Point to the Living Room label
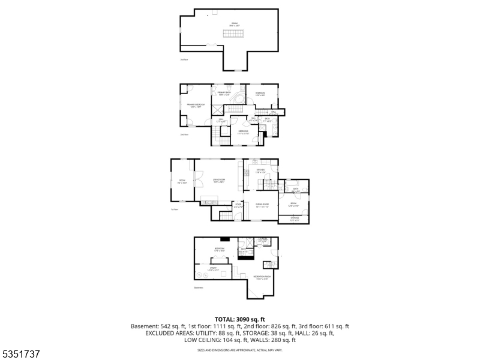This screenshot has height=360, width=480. [x=218, y=180]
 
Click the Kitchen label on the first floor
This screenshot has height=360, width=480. [x=260, y=170]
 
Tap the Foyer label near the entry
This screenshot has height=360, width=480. [x=238, y=205]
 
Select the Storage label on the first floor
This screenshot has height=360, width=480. [x=294, y=218]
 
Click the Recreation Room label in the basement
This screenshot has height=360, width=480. [x=262, y=277]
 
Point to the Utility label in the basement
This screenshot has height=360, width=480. [x=213, y=269]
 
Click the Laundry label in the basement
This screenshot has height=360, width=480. [x=262, y=240]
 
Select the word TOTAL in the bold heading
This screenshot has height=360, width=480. [x=226, y=319]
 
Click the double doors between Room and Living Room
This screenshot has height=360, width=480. [x=194, y=182]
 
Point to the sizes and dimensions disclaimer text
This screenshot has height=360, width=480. [x=240, y=349]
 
